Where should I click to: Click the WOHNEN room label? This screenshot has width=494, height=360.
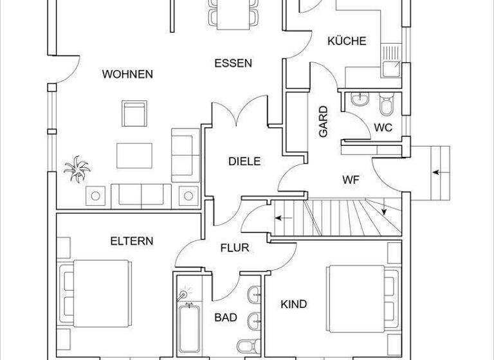pyautogui.click(x=127, y=74)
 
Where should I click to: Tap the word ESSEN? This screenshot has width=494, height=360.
pyautogui.click(x=233, y=63)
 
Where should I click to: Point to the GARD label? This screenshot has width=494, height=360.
pyautogui.click(x=324, y=121)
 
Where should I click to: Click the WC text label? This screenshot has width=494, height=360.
pyautogui.click(x=383, y=127)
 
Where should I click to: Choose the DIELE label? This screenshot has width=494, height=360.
pyautogui.click(x=244, y=161)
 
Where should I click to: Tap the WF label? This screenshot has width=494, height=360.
pyautogui.click(x=351, y=179)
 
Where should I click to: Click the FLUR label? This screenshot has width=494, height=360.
pyautogui.click(x=234, y=248)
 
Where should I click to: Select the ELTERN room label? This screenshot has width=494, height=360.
pyautogui.click(x=131, y=241)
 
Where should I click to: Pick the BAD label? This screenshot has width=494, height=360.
pyautogui.click(x=226, y=317)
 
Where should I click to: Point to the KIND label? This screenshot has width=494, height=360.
pyautogui.click(x=294, y=304)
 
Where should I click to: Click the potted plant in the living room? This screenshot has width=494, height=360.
pyautogui.click(x=77, y=170)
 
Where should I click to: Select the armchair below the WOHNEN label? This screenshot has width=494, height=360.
pyautogui.click(x=134, y=114)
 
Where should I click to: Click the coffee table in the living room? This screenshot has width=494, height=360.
pyautogui.click(x=134, y=155)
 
